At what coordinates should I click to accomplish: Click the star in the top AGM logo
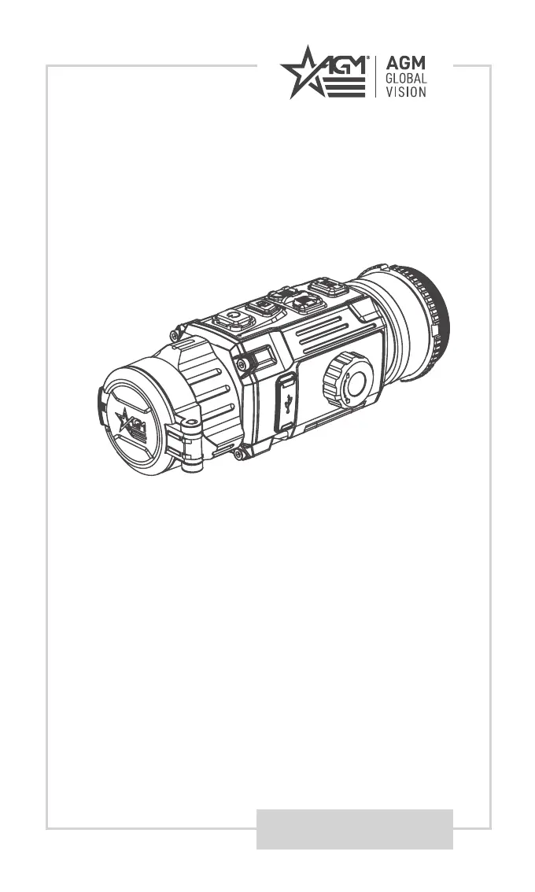301,72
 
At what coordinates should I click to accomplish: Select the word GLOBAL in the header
406,79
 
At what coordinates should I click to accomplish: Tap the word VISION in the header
406,92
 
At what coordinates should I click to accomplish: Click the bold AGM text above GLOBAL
406,63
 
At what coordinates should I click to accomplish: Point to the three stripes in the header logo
345,87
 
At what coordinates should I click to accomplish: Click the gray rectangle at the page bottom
355,829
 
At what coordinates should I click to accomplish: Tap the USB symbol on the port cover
289,404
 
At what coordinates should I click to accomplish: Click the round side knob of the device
348,379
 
